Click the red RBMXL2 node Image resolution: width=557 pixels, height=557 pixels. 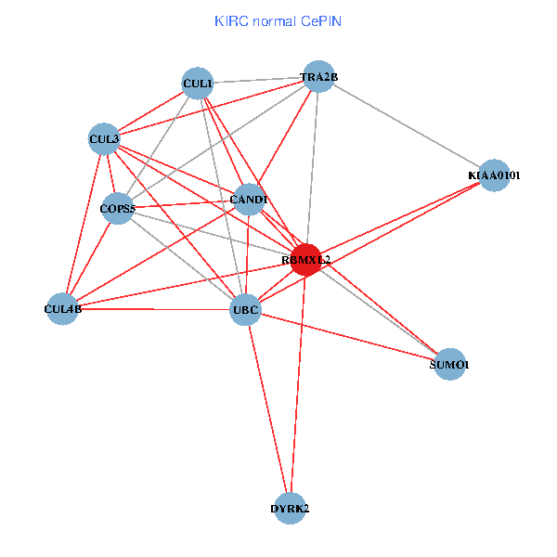click(x=305, y=260)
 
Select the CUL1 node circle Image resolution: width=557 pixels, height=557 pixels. click(x=197, y=84)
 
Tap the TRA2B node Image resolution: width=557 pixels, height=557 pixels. click(x=317, y=78)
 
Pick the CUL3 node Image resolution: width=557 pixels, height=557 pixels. click(x=104, y=140)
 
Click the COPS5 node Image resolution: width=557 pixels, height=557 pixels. click(x=118, y=209)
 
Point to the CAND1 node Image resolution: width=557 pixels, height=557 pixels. click(x=248, y=200)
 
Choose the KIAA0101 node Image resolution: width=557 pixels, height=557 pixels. click(x=494, y=175)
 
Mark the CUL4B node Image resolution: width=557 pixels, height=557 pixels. click(x=63, y=308)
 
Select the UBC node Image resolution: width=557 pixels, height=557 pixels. click(x=245, y=308)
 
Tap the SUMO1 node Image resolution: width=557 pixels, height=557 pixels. click(x=449, y=365)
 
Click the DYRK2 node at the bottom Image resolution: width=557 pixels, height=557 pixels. click(x=290, y=509)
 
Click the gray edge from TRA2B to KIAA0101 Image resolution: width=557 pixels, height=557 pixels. click(x=406, y=126)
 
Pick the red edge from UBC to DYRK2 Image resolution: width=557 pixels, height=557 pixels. click(x=267, y=408)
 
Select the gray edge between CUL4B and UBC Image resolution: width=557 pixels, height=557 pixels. click(x=154, y=308)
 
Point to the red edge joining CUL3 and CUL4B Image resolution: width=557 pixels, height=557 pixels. click(x=84, y=224)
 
